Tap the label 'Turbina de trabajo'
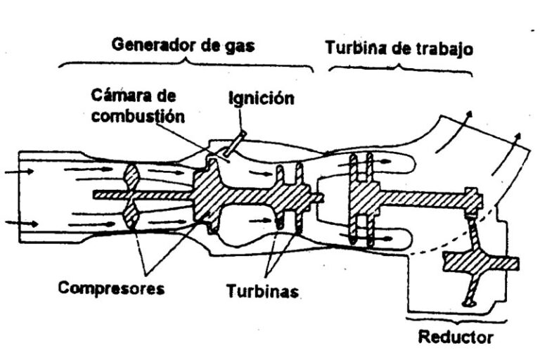pyautogui.click(x=398, y=49)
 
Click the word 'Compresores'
pyautogui.click(x=112, y=288)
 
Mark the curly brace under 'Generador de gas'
pyautogui.click(x=186, y=64)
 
